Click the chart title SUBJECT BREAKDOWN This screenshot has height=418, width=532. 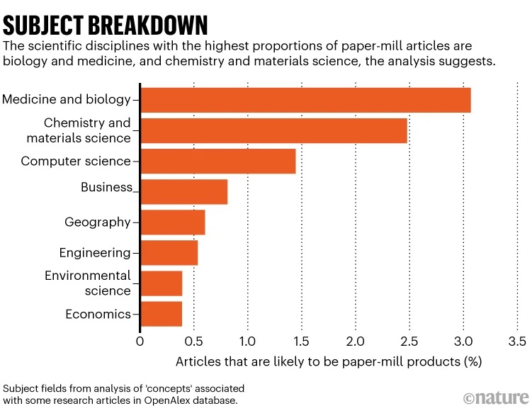(x=106, y=25)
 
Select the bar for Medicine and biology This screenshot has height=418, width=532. (x=305, y=100)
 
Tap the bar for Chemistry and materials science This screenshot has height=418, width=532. (x=273, y=131)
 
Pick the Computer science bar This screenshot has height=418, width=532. (x=217, y=162)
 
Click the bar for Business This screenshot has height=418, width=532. (x=183, y=192)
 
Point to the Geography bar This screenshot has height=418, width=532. (x=172, y=222)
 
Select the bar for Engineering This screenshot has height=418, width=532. (x=169, y=253)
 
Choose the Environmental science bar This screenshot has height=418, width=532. (x=161, y=283)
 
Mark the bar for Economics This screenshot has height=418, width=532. (x=161, y=314)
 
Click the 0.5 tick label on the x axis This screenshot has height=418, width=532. (x=193, y=340)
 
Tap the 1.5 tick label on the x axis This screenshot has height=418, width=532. (x=301, y=340)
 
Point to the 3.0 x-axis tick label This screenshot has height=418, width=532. (x=463, y=340)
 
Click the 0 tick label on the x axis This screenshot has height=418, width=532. (x=140, y=340)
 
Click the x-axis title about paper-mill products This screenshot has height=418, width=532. (x=329, y=361)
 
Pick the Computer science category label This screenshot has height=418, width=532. (x=76, y=162)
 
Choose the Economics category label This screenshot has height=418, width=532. (x=98, y=314)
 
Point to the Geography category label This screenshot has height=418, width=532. (x=98, y=222)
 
